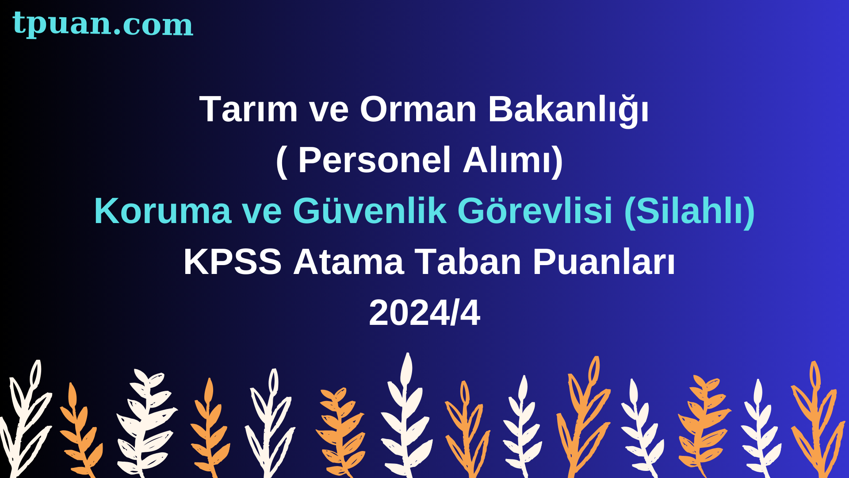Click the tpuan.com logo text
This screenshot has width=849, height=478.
103,24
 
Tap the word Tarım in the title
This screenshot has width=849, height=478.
249,109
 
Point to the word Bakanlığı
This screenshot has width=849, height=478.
569,111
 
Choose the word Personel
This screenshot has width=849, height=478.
375,160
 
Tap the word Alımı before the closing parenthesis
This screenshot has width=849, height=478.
507,160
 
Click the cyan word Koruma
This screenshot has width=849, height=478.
163,211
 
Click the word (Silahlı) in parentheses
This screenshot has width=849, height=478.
689,212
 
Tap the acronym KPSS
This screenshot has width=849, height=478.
233,262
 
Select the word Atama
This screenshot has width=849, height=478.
348,262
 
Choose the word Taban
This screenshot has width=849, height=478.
468,262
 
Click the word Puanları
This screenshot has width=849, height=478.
604,262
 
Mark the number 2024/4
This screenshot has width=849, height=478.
424,313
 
